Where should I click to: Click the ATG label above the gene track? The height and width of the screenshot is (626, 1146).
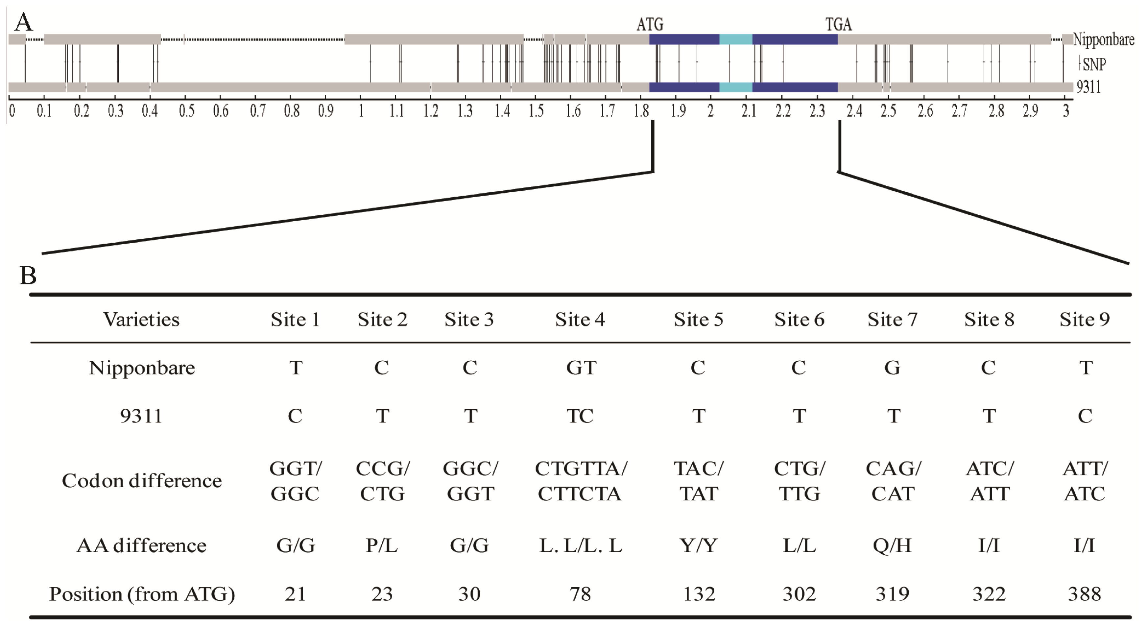(650, 24)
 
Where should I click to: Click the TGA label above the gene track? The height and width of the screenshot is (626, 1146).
(839, 24)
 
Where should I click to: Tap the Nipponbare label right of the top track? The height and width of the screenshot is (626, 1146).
(1103, 39)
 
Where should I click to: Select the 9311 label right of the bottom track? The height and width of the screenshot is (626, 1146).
(1088, 87)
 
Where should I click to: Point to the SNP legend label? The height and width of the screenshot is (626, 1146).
(1094, 64)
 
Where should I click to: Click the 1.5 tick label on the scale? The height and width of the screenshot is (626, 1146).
(536, 110)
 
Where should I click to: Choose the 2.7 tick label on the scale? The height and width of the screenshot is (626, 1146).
(960, 110)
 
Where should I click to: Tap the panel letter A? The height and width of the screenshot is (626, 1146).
(24, 22)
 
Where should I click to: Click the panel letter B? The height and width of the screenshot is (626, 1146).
(28, 276)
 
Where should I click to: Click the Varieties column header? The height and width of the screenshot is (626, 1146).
(141, 320)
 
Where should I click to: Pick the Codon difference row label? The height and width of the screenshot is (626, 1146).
(141, 480)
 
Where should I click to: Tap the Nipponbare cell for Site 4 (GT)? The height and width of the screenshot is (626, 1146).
(581, 368)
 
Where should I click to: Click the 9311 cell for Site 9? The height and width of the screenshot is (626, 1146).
(1085, 416)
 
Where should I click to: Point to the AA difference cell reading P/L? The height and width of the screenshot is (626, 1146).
(382, 545)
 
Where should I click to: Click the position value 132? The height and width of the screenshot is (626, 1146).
(699, 594)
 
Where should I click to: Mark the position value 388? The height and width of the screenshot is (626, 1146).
(1084, 594)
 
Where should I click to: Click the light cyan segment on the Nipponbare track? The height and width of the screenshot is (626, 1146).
(736, 39)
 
